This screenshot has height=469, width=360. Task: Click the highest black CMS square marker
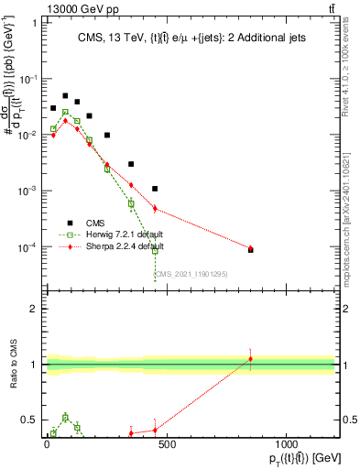65,95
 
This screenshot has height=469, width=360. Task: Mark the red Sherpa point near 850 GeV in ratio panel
250,358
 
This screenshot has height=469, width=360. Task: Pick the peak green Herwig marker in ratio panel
65,418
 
